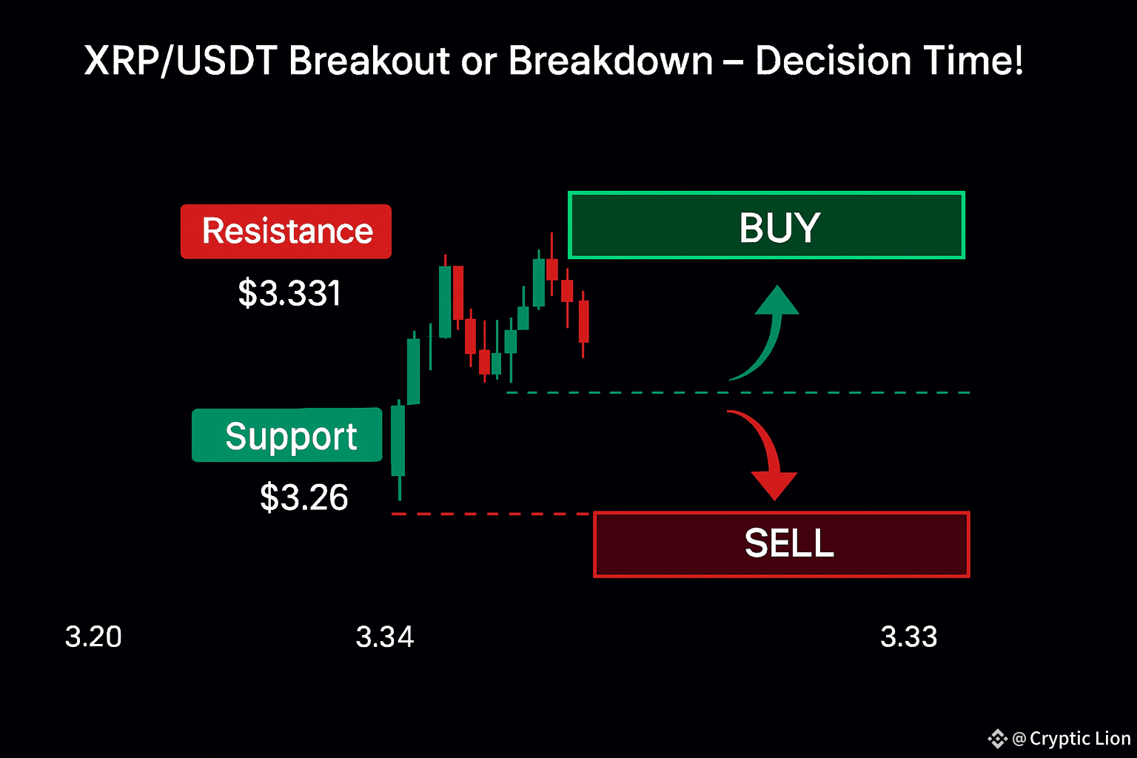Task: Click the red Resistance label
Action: click(x=286, y=232)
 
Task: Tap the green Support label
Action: click(x=286, y=435)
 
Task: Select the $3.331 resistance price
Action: click(x=289, y=293)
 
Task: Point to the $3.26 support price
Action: click(x=303, y=497)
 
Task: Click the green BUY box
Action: click(x=766, y=225)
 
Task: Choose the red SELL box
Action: click(x=782, y=544)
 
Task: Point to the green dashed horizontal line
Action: click(x=739, y=392)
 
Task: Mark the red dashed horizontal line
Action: click(x=490, y=514)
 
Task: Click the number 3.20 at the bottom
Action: click(x=93, y=637)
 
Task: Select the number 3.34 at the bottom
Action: click(x=385, y=637)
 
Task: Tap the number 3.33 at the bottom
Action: click(x=908, y=637)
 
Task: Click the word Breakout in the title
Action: click(x=369, y=61)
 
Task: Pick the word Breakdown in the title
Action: click(x=611, y=61)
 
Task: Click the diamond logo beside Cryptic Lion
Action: click(x=997, y=739)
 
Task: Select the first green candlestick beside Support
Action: click(x=399, y=439)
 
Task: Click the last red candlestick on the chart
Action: click(x=584, y=323)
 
